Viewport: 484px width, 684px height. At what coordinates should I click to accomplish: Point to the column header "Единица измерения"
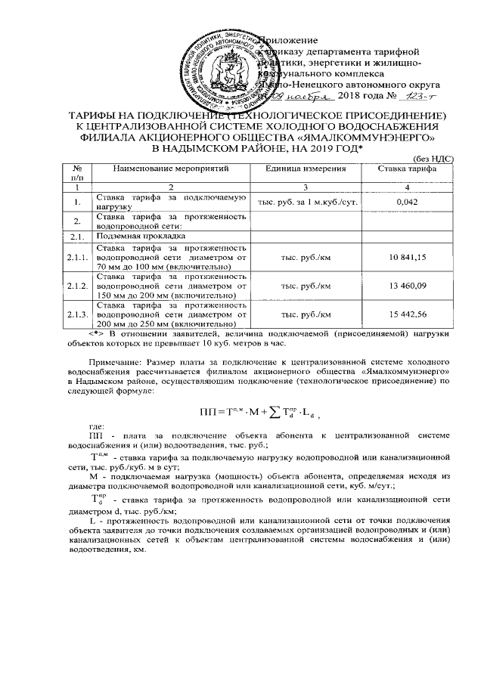pyautogui.click(x=305, y=169)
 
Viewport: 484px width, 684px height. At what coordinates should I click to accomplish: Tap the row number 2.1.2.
pyautogui.click(x=76, y=286)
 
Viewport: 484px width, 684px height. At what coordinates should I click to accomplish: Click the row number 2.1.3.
pyautogui.click(x=76, y=314)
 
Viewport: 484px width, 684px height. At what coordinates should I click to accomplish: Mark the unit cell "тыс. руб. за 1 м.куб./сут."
pyautogui.click(x=305, y=203)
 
